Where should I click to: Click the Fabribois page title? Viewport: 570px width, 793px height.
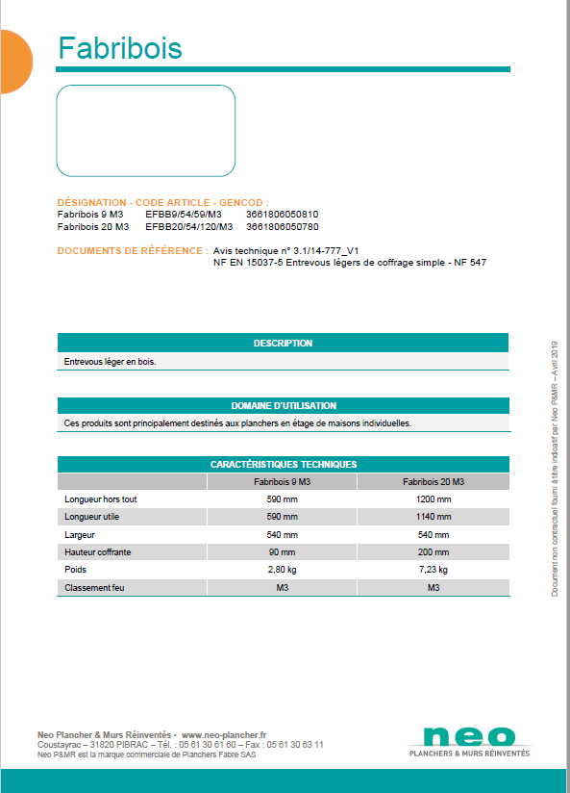click(x=119, y=48)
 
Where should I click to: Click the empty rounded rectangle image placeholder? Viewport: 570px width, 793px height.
click(x=146, y=131)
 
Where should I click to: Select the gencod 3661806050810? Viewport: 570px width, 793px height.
click(x=283, y=215)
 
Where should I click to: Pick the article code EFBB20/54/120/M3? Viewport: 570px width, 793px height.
click(x=189, y=227)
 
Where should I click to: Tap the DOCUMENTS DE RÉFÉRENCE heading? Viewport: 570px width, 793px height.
click(x=130, y=250)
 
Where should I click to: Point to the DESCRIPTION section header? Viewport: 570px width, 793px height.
click(x=283, y=343)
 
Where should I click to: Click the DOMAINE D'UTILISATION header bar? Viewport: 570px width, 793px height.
click(x=283, y=405)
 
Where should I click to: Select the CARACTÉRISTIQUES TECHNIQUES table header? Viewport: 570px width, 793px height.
click(x=283, y=464)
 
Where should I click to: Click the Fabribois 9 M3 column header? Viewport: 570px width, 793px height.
click(x=282, y=481)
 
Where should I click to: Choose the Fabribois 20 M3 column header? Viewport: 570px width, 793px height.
click(x=433, y=481)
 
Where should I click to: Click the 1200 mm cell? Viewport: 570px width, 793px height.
click(x=433, y=499)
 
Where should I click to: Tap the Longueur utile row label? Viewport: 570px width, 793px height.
click(x=91, y=517)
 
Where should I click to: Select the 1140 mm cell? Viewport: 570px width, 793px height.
click(x=433, y=517)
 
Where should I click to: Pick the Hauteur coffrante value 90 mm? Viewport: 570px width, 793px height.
click(x=282, y=552)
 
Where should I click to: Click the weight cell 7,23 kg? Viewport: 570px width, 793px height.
click(x=433, y=570)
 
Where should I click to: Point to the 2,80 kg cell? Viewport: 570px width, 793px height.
click(x=282, y=570)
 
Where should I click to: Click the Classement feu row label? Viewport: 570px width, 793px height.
click(x=94, y=587)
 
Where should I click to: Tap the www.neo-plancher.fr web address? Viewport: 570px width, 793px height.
click(x=223, y=734)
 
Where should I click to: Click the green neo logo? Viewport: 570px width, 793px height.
click(x=469, y=737)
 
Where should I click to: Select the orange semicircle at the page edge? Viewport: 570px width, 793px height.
click(x=13, y=62)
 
